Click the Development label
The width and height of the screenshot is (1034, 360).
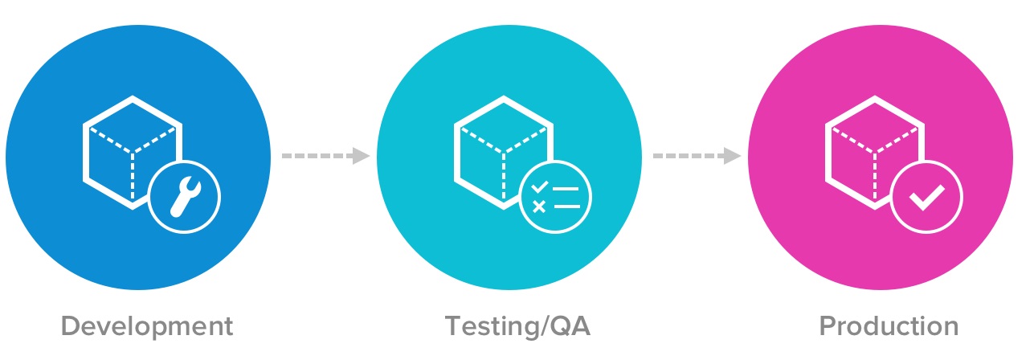tap(147, 327)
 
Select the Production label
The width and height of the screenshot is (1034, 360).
tap(889, 327)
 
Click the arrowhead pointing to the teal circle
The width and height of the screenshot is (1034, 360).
tap(362, 156)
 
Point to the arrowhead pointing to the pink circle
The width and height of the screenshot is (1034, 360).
tap(732, 156)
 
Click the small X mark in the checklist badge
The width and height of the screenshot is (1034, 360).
tap(539, 207)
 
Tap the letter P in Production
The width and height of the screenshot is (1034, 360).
tap(828, 327)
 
